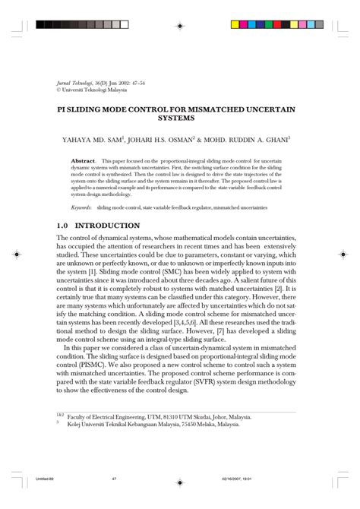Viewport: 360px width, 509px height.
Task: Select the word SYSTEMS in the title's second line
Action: coord(179,119)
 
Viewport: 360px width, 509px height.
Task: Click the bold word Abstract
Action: coord(82,162)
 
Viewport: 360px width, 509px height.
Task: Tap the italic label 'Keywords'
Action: coord(81,206)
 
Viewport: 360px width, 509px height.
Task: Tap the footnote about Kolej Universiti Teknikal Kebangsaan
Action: coord(159,424)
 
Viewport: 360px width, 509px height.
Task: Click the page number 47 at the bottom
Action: coord(113,498)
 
